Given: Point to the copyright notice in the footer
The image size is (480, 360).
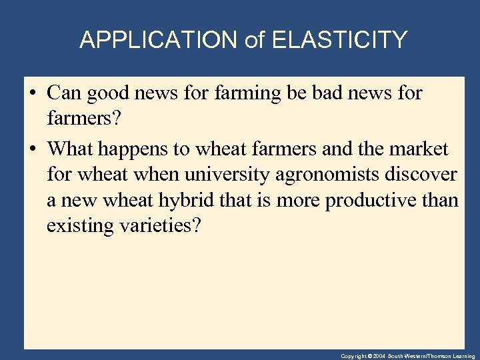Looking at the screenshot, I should tap(407, 356).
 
